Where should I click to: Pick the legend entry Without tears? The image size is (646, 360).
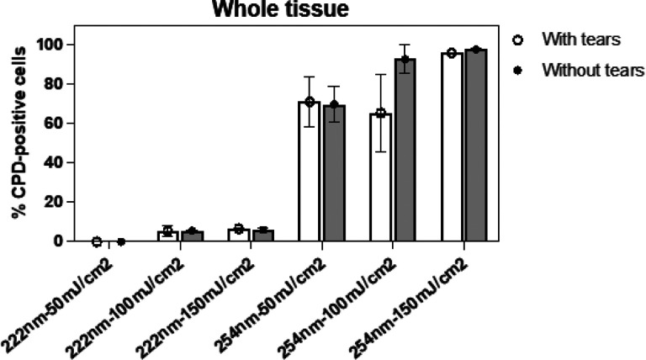(585, 71)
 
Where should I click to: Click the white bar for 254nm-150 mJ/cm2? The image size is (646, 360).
(451, 147)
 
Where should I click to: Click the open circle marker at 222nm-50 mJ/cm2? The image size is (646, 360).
(97, 241)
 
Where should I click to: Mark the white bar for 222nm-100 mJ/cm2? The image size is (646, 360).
(168, 236)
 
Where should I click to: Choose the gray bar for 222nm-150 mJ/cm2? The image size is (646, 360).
(263, 236)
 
